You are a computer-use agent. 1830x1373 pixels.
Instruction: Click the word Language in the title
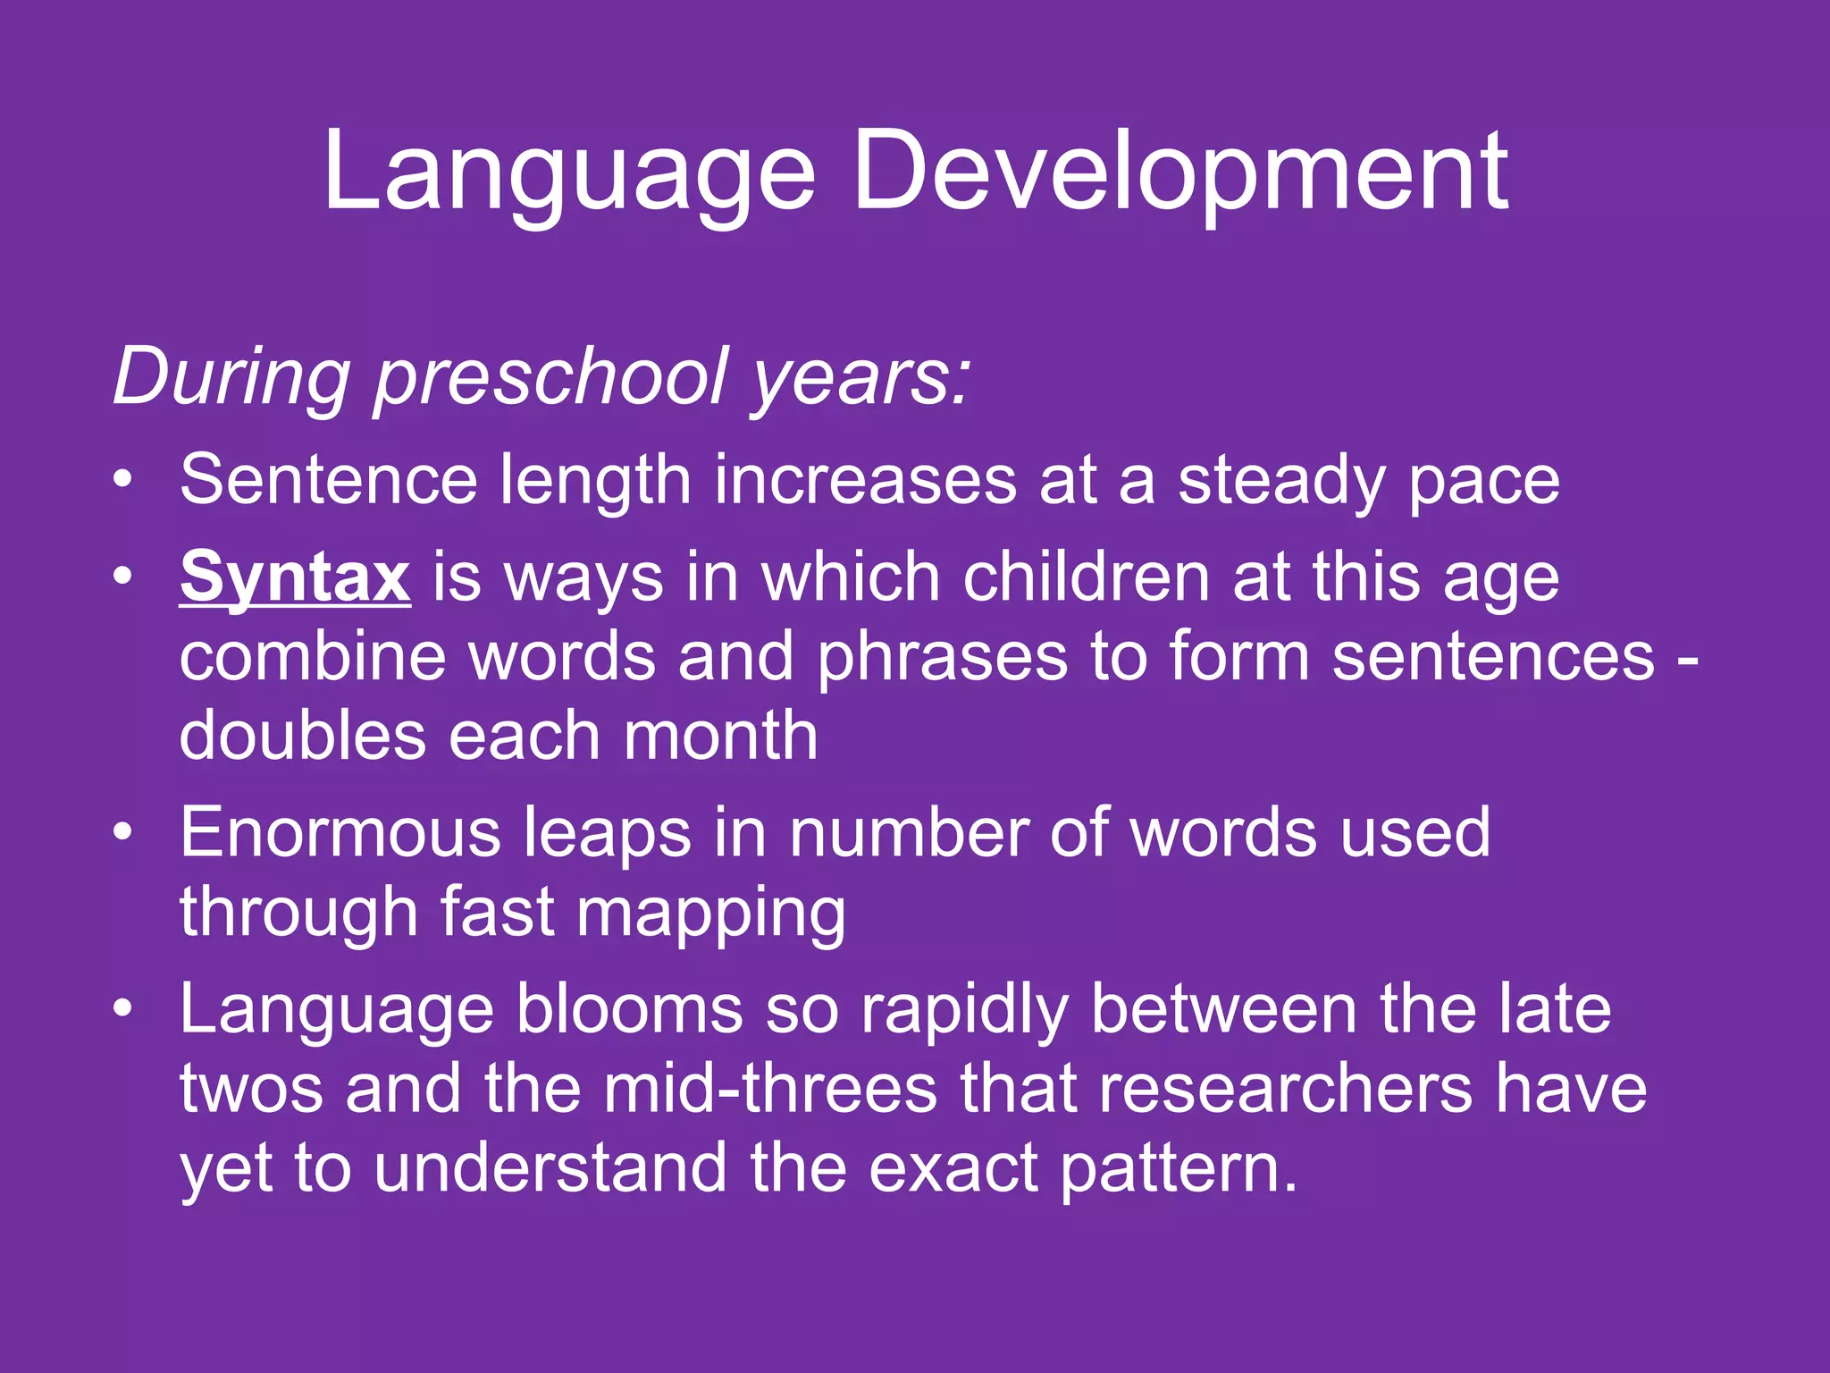tap(568, 173)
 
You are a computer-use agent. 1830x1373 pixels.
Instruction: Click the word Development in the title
tap(1180, 173)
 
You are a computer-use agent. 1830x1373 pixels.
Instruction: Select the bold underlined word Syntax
tap(295, 577)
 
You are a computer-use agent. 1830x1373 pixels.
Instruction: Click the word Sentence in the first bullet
tap(328, 480)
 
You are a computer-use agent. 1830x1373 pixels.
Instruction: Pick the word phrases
tap(943, 657)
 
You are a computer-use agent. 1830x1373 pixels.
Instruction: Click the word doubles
tap(302, 736)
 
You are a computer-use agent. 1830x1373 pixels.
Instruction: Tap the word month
tap(720, 736)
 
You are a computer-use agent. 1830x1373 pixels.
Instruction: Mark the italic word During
tap(231, 376)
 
